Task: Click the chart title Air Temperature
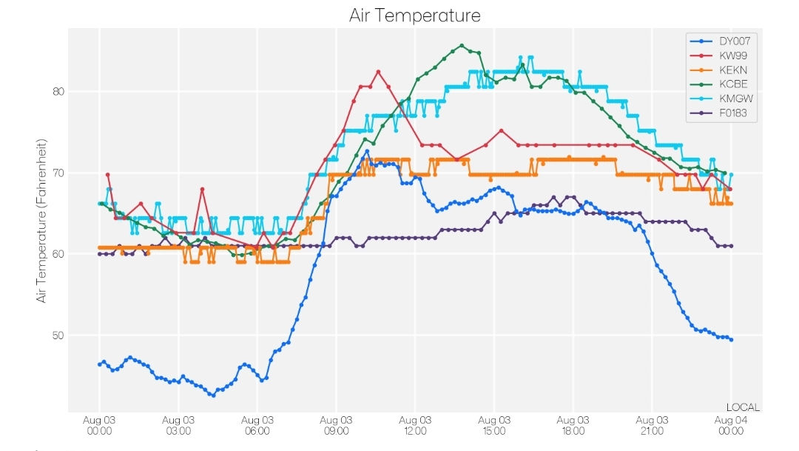pyautogui.click(x=414, y=16)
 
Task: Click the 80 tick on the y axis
pyautogui.click(x=57, y=92)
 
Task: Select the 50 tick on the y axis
pyautogui.click(x=57, y=335)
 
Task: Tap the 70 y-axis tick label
pyautogui.click(x=57, y=173)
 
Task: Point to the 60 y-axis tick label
pyautogui.click(x=57, y=254)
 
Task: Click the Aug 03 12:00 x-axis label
pyautogui.click(x=415, y=426)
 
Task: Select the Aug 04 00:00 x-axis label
pyautogui.click(x=731, y=426)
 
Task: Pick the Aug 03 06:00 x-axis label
pyautogui.click(x=257, y=426)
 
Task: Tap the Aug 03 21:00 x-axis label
pyautogui.click(x=652, y=426)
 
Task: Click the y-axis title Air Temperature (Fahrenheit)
pyautogui.click(x=42, y=220)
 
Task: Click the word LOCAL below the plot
pyautogui.click(x=743, y=407)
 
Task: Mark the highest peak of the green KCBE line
pyautogui.click(x=462, y=45)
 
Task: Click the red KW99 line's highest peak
pyautogui.click(x=378, y=72)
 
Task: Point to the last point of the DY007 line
pyautogui.click(x=731, y=340)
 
